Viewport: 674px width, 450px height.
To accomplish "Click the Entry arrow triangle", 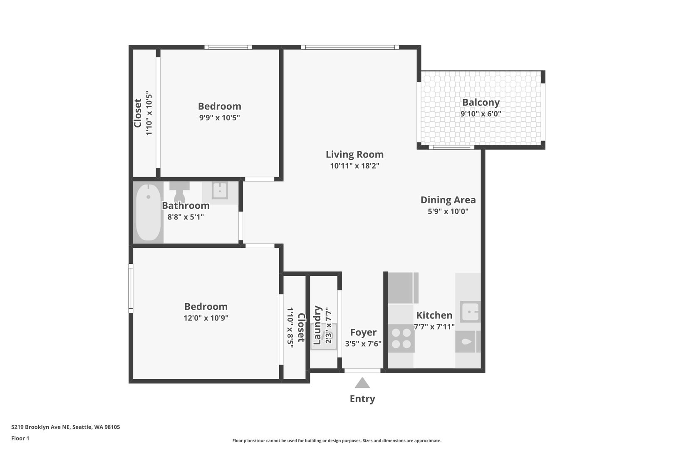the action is (x=362, y=383).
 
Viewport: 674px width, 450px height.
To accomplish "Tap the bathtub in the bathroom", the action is (x=148, y=212).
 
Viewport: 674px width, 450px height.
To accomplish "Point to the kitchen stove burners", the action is (x=401, y=338).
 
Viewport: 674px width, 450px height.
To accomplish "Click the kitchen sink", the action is (x=470, y=312).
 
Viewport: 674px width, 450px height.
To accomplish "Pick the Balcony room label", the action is (x=481, y=102).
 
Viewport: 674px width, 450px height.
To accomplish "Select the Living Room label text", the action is (x=354, y=154).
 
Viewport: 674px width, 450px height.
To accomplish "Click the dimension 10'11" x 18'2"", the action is (x=354, y=166).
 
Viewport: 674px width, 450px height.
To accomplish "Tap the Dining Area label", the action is (x=448, y=200).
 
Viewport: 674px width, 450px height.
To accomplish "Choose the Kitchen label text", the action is (x=434, y=315).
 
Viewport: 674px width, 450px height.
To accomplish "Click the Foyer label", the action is (x=363, y=332).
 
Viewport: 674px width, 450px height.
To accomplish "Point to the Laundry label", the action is (x=317, y=325).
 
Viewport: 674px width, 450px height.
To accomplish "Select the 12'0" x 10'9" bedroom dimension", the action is (x=206, y=318).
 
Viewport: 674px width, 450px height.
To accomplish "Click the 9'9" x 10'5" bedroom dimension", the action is (x=219, y=117).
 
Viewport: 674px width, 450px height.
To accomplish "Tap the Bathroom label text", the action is (x=186, y=205).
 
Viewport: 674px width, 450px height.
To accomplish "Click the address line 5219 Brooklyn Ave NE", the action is (x=66, y=427).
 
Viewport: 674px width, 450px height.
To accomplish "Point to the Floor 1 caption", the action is (x=20, y=438).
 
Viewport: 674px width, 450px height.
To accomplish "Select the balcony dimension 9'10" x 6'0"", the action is (x=481, y=114).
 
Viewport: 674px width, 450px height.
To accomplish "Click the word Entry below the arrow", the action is (x=362, y=399).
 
